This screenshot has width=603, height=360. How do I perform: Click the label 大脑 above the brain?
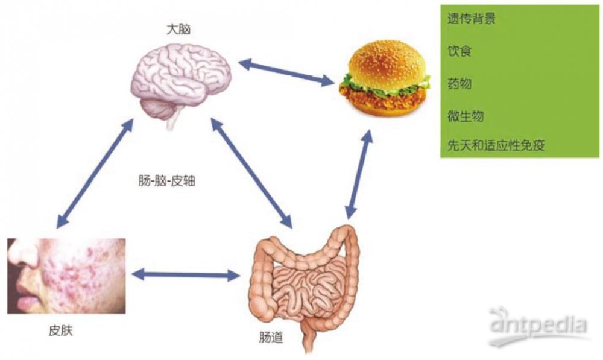[178, 29]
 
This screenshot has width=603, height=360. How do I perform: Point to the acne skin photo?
[66, 276]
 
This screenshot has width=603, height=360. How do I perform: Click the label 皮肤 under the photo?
[60, 331]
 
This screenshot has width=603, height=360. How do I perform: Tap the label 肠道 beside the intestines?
[271, 338]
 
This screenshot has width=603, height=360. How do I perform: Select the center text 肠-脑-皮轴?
[167, 181]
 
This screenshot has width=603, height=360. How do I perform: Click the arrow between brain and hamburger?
[286, 72]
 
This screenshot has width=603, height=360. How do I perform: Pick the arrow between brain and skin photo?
[95, 173]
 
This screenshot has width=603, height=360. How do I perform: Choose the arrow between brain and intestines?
[251, 173]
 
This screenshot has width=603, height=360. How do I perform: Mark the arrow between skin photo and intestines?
[186, 274]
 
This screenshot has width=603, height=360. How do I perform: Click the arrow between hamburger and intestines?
[358, 175]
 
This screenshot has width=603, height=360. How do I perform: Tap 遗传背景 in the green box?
[471, 19]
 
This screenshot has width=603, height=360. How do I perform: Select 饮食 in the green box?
[459, 51]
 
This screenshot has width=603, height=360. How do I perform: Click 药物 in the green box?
[459, 83]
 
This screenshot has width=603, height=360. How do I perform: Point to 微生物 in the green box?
[466, 116]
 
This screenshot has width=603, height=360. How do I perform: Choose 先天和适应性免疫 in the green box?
[496, 145]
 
